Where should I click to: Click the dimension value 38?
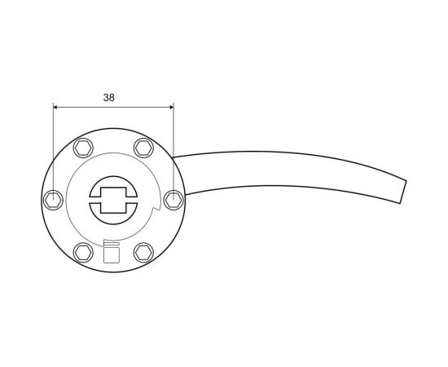click(x=109, y=97)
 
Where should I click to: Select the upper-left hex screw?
click(x=82, y=148)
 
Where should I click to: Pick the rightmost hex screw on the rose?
click(x=173, y=198)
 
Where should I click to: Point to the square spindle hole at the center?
click(x=112, y=199)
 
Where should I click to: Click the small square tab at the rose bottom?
click(x=112, y=255)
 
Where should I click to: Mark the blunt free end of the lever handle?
click(x=401, y=192)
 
